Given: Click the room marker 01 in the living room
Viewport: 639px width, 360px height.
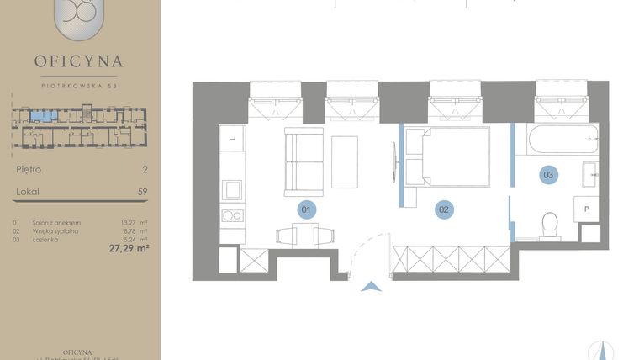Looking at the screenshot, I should point(307,209).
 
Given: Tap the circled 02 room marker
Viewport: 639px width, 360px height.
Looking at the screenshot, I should point(444,209).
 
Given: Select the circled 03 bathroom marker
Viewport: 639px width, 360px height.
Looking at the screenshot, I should point(548,175).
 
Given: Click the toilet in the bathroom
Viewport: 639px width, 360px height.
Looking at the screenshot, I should point(550,224).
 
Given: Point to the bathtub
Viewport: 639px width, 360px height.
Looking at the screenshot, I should point(563,140).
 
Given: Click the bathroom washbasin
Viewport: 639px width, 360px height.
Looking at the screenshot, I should point(590,176).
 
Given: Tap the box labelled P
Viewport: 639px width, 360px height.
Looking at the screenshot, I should point(585,209).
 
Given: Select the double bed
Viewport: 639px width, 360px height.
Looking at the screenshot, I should point(454,156).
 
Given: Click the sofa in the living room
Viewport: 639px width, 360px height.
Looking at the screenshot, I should point(302,161).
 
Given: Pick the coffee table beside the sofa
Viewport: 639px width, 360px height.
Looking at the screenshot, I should point(345,161).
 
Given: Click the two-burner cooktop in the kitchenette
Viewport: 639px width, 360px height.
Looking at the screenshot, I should point(232,215).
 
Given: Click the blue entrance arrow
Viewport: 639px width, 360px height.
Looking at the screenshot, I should point(369,287).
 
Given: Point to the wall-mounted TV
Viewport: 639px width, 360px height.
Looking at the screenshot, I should point(393,161).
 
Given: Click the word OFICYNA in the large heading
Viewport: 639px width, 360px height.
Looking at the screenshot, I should point(79,61).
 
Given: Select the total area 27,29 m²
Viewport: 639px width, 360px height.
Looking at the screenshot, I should point(129,248).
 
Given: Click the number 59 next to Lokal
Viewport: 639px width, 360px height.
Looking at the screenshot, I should point(142,192).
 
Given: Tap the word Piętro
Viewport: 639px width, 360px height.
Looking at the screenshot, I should point(29,169).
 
